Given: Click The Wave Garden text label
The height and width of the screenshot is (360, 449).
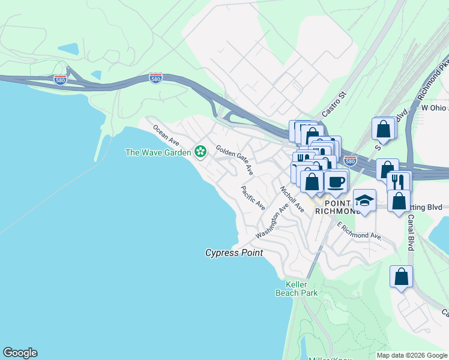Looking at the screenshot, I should click(158, 152).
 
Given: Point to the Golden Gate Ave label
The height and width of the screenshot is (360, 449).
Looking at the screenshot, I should click(235, 160).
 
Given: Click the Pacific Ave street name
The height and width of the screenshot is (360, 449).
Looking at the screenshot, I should click(253, 197).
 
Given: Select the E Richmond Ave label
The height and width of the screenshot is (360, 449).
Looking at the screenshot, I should click(359, 231).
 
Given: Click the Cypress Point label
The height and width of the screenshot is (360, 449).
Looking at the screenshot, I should click(234, 253).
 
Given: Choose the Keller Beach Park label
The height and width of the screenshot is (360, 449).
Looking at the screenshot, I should click(296, 289).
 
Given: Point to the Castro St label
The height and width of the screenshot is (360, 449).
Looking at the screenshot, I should click(335, 103).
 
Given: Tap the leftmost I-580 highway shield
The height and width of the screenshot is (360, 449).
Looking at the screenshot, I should click(60, 79).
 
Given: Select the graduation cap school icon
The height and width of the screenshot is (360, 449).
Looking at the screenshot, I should click(364, 200).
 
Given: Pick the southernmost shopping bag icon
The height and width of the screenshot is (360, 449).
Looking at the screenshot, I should click(402, 277).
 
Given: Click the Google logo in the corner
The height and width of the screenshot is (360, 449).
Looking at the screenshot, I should click(20, 353).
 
